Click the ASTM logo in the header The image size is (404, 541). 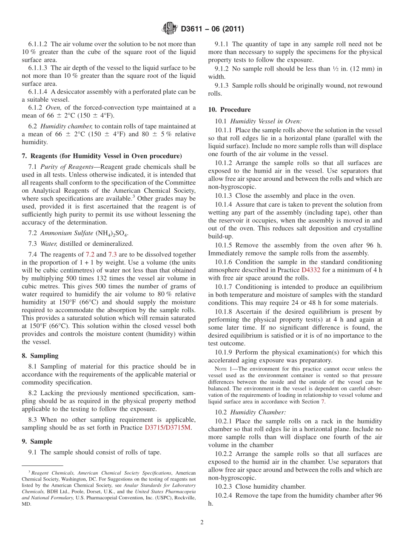[170, 29]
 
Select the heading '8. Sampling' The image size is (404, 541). [40, 356]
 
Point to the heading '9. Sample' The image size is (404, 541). [37, 441]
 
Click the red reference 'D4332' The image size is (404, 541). [311, 270]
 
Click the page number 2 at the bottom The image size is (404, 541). [202, 522]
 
